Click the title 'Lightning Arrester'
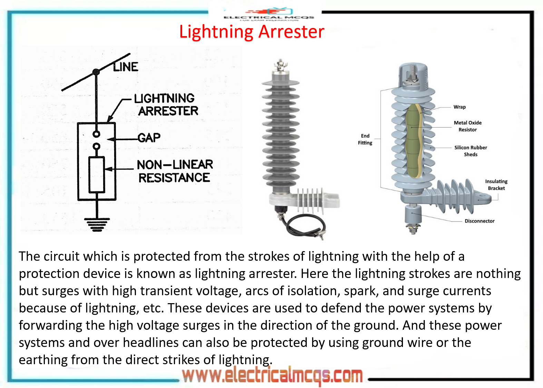coord(251,32)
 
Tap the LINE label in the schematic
coord(126,67)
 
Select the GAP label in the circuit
coord(149,138)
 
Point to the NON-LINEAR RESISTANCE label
coord(175,171)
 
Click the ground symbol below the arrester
coord(97,224)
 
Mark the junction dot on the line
coord(96,72)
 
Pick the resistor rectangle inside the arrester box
coord(97,175)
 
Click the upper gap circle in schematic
coord(97,134)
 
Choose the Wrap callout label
coord(460,107)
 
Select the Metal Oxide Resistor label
coord(467,126)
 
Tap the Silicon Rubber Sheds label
coord(471,151)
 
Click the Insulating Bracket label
coord(496,185)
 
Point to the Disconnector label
coord(479,221)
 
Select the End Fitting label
coord(365,139)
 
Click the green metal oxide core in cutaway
coord(412,141)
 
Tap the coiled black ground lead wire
coord(304,226)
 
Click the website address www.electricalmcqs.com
coord(273,375)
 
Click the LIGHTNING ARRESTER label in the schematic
coord(166,105)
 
